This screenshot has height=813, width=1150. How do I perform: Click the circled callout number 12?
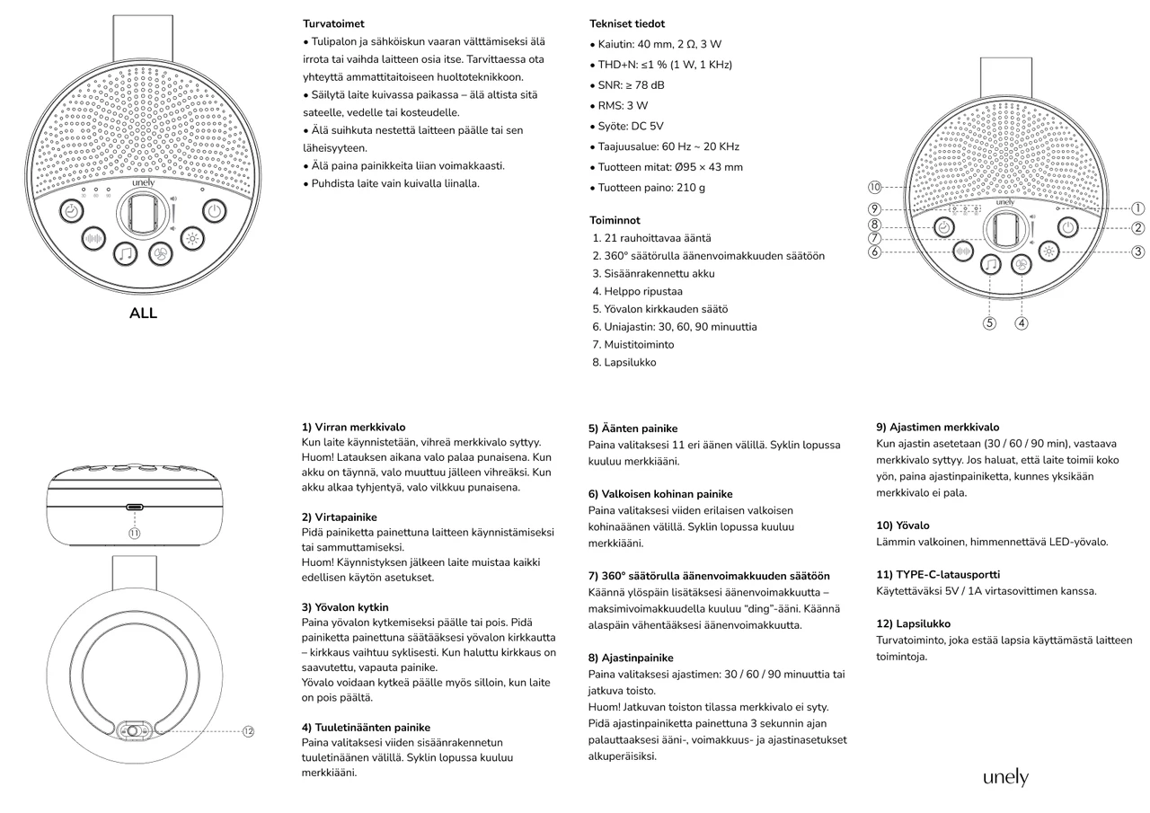click(x=248, y=731)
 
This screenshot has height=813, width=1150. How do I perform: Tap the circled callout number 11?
click(x=134, y=533)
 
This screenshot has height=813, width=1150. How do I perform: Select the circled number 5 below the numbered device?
click(x=989, y=323)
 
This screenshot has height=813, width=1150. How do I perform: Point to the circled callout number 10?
click(x=874, y=187)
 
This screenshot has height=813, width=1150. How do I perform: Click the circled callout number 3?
click(x=1137, y=252)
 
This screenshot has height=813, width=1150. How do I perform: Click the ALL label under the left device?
click(x=143, y=314)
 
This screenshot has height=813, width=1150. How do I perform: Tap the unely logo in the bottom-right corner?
click(x=1004, y=777)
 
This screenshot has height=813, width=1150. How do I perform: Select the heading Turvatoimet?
click(x=333, y=24)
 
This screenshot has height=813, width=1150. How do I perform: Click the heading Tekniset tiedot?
click(x=627, y=24)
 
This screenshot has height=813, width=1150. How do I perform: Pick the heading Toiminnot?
click(x=615, y=220)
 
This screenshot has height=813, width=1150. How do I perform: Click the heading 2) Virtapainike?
click(x=340, y=517)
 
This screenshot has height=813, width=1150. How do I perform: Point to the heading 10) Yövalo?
click(x=902, y=526)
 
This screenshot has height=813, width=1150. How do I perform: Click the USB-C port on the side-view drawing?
click(x=134, y=508)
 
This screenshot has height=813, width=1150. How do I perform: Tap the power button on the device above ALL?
click(x=212, y=212)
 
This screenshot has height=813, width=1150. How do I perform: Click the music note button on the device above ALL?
click(x=126, y=255)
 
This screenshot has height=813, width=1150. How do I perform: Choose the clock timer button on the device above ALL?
click(x=73, y=212)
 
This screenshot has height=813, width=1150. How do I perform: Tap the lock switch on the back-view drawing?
click(x=134, y=731)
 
